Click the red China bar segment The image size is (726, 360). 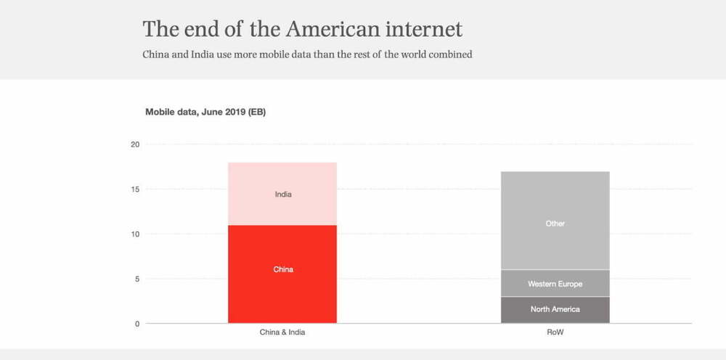[282, 290]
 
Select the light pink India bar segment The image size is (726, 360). [282, 178]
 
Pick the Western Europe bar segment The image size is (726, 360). [555, 284]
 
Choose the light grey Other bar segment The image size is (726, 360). [555, 210]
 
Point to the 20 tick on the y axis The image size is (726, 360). [134, 144]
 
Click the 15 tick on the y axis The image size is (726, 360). [134, 189]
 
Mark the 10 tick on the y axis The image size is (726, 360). [134, 234]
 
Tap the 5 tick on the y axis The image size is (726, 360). [136, 279]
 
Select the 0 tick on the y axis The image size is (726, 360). [136, 324]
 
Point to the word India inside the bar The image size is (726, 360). [283, 195]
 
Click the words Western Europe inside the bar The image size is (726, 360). [555, 284]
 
